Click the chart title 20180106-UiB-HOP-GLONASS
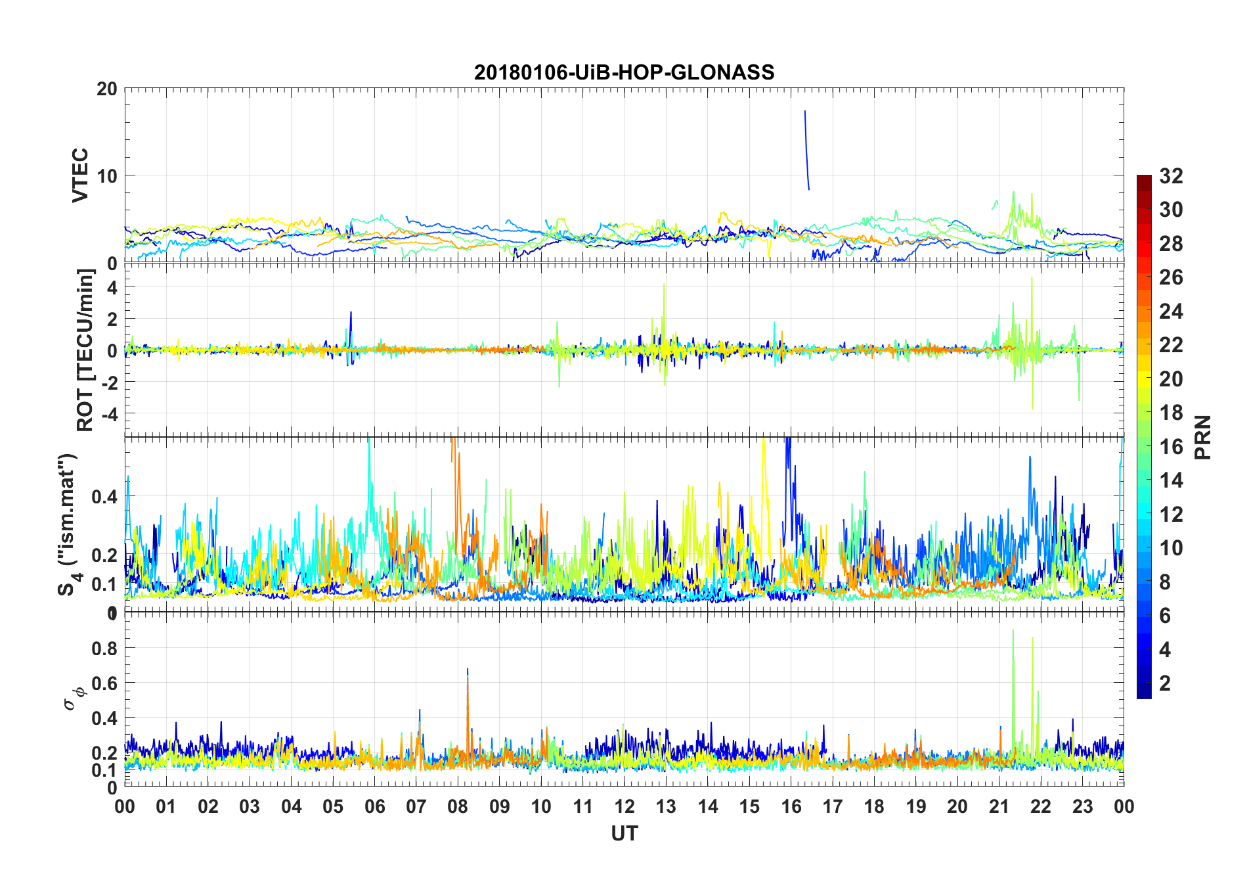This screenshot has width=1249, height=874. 624,72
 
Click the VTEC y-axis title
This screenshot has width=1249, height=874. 80,175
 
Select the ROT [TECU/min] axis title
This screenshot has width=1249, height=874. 85,350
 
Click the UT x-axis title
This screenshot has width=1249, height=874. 624,833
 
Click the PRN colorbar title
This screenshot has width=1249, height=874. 1202,437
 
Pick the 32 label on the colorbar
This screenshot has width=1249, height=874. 1171,176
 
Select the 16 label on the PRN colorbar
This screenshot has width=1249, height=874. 1171,447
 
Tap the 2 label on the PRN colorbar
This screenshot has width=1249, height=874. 1165,683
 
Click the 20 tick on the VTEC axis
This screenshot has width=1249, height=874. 107,89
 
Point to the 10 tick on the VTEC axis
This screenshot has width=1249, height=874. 107,176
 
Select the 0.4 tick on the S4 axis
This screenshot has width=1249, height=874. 104,497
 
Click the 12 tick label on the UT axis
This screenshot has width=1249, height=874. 624,806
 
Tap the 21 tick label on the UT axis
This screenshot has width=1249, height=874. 999,806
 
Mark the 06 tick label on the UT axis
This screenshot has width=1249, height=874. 374,806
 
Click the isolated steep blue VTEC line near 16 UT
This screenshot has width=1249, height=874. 806,151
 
